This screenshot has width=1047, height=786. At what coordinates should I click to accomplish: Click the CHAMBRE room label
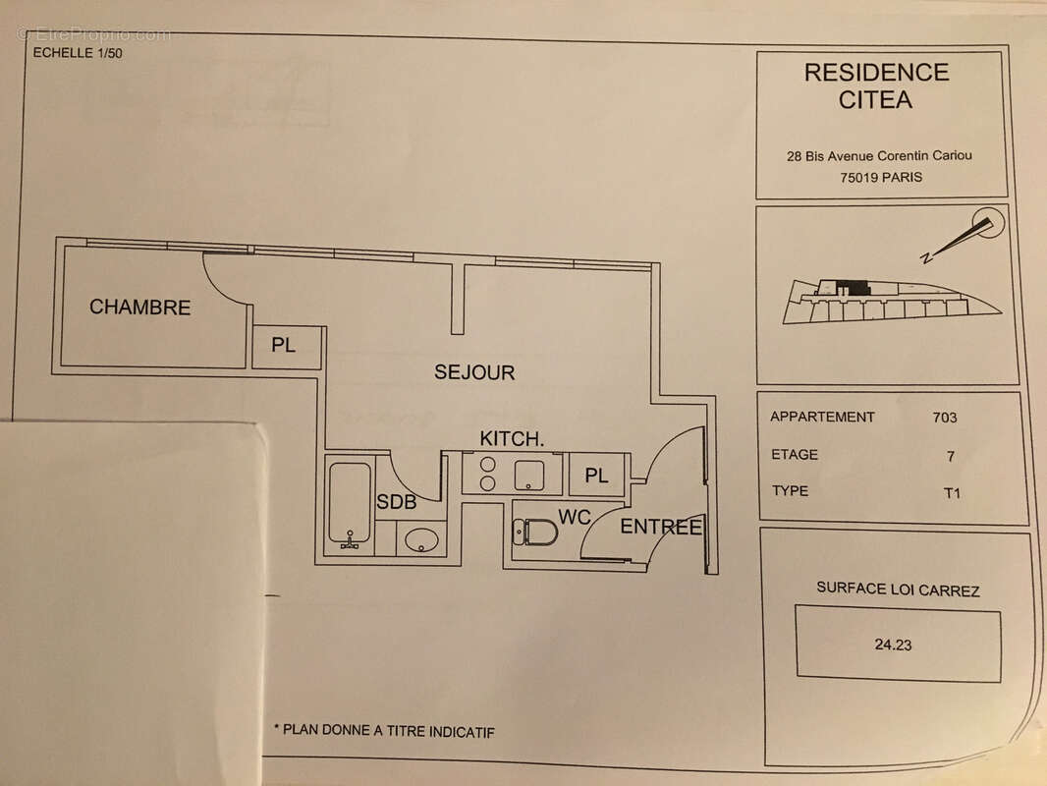pos(139,308)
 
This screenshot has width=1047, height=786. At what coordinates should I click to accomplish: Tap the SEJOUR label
pos(474,372)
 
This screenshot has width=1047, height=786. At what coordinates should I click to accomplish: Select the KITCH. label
pos(512,438)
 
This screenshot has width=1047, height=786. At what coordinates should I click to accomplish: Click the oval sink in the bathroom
pos(422,538)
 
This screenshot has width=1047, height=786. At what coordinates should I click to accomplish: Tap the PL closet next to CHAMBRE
pos(284,346)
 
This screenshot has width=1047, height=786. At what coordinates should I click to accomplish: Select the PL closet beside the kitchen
pos(596,476)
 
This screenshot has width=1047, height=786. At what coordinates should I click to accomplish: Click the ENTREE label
pos(660,528)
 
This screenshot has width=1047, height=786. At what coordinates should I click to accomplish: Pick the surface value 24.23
pos(892,646)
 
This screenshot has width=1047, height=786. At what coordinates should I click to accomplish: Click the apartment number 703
pos(944,417)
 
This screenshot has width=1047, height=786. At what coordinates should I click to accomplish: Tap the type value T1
pos(951,493)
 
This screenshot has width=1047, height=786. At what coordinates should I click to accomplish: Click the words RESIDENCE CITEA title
pos(876,85)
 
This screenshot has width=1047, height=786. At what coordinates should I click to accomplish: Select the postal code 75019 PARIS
pos(881,178)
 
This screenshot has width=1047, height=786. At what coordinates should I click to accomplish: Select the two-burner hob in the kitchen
pos(486,473)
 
